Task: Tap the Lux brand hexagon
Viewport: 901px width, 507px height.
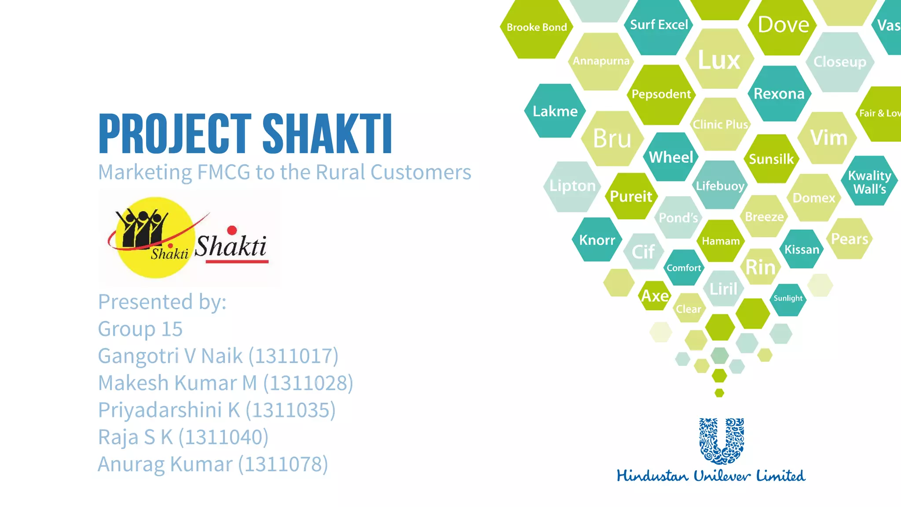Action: [719, 60]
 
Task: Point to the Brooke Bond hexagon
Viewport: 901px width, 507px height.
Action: [537, 28]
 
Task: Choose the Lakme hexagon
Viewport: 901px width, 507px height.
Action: [555, 111]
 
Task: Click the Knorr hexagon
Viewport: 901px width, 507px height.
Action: [597, 240]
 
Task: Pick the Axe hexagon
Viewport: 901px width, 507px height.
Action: [655, 296]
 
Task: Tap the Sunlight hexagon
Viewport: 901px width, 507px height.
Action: [788, 298]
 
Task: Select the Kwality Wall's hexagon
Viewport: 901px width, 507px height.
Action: [869, 182]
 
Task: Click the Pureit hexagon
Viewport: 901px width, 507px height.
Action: [631, 196]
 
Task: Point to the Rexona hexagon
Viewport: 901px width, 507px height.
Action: [779, 94]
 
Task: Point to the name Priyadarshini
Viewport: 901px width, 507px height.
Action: [160, 410]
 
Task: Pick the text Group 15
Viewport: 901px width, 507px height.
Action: [140, 329]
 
